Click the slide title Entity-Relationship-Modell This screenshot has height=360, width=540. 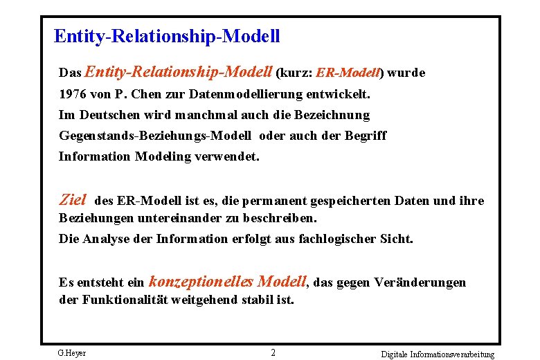(166, 36)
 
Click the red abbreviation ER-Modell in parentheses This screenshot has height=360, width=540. (349, 73)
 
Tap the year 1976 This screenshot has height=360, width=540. (73, 93)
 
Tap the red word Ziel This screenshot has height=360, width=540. (73, 200)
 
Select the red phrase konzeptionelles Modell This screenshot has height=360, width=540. (227, 281)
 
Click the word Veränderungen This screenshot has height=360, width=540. (420, 282)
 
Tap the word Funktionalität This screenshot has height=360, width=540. (123, 300)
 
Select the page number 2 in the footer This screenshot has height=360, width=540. (273, 353)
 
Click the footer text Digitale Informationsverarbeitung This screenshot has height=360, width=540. (438, 354)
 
